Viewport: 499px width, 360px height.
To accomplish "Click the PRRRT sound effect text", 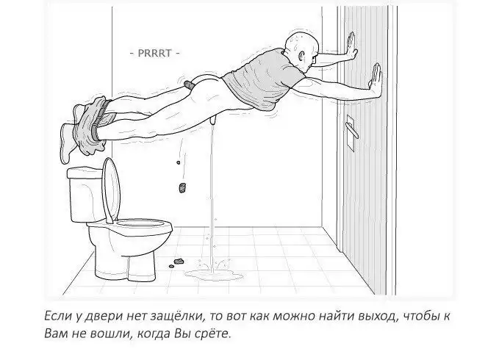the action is pos(154,53).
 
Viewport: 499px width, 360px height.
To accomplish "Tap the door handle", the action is pos(353,131).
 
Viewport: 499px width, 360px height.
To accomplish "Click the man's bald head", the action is pos(302,48).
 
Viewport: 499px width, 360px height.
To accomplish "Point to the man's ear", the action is pos(301,57).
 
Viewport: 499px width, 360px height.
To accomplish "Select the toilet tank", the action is pos(86,195).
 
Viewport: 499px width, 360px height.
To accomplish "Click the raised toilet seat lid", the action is pos(112,190).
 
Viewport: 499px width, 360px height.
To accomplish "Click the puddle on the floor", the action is pos(214,275).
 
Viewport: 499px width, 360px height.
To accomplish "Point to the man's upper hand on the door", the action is pos(351,46).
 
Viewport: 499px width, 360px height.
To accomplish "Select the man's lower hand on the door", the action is pos(376,79).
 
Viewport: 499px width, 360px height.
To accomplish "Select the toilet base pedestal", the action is pos(125,267).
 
